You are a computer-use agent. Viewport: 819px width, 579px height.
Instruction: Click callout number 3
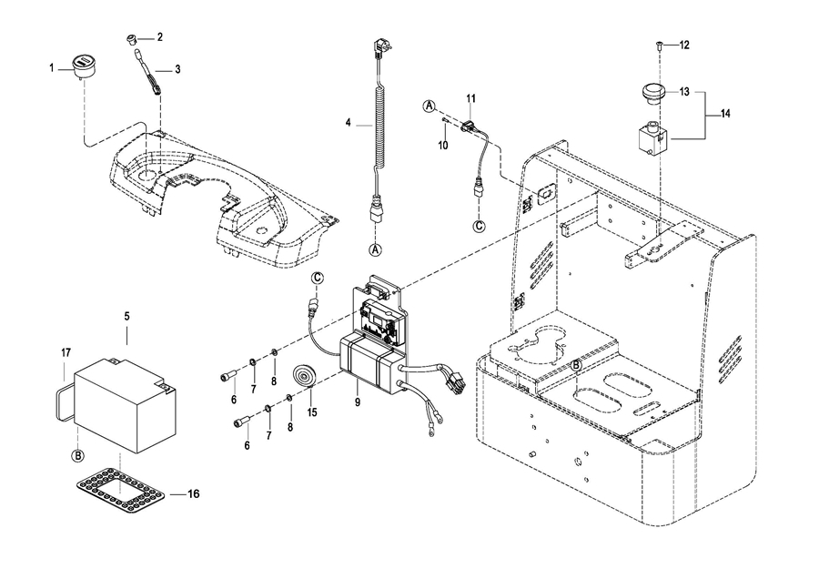(x=177, y=69)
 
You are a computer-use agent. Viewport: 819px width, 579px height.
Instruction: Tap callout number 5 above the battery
(x=126, y=316)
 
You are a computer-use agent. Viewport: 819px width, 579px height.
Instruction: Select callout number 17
(x=66, y=351)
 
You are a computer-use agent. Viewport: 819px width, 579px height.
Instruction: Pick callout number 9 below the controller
(x=357, y=401)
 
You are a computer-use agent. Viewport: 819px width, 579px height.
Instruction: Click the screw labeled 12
(x=658, y=45)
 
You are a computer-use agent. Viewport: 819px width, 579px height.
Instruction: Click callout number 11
(x=471, y=97)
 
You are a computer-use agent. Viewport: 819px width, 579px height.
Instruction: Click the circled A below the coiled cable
(x=375, y=249)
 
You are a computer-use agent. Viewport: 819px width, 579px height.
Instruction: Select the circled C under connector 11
(x=480, y=224)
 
